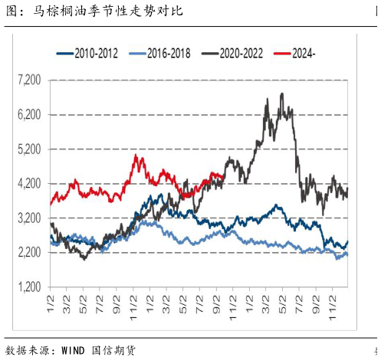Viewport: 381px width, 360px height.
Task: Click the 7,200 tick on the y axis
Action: (x=29, y=80)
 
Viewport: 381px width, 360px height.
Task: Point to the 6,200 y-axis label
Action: (x=29, y=114)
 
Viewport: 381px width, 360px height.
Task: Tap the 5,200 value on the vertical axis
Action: (x=29, y=149)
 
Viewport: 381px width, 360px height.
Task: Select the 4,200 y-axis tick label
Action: (x=29, y=184)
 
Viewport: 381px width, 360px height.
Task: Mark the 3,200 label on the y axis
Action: (x=29, y=218)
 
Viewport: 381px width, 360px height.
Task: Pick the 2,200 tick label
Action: (x=29, y=253)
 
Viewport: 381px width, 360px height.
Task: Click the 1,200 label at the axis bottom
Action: (x=29, y=287)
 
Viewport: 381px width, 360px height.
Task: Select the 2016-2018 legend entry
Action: (x=164, y=54)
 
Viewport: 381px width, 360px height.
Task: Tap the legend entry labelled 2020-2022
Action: (x=237, y=54)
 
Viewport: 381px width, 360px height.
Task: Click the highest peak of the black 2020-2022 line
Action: (x=282, y=94)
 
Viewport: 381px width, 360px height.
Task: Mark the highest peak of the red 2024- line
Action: (x=136, y=156)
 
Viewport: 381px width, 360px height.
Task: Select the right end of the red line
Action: (x=222, y=177)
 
